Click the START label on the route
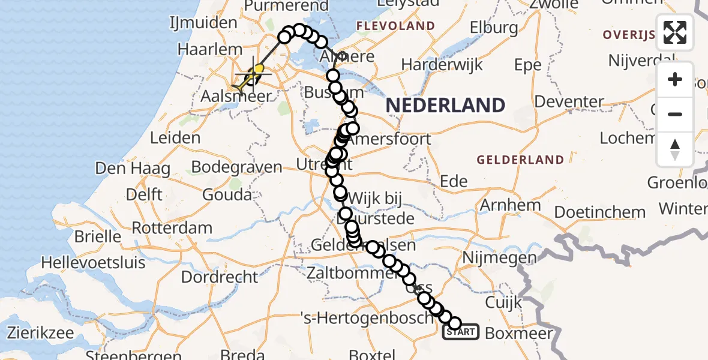461,332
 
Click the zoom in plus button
675,80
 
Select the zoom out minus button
675,114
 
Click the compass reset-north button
675,149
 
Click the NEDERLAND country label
445,106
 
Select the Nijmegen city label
491,259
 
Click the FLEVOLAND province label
395,26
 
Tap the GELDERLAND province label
520,160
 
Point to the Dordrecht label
219,277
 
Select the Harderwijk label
442,64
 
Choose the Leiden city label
175,138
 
